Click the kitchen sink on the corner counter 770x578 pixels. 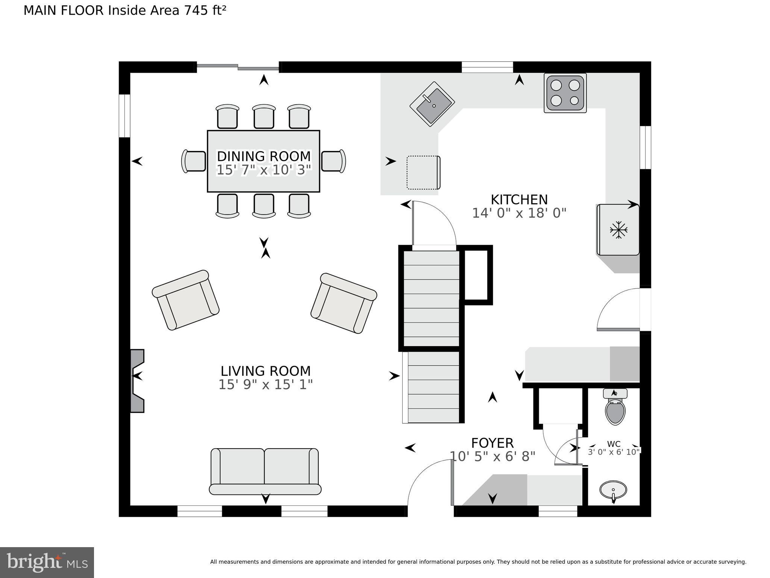coord(432,104)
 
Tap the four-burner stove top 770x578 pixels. coord(565,93)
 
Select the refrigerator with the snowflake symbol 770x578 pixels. coord(618,230)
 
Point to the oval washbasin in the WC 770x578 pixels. coord(613,490)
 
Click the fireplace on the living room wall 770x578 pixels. coord(137,380)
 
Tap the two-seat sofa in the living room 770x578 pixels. coord(265,471)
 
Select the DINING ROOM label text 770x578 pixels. coord(264,156)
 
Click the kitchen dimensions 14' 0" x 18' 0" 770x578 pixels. coord(519,213)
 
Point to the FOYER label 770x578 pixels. coord(492,443)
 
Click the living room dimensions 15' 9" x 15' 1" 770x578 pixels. coord(265,385)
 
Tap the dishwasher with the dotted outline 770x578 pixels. coord(423,173)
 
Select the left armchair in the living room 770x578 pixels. coord(186,300)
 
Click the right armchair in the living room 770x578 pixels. coord(344,303)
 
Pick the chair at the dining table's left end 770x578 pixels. coord(194,161)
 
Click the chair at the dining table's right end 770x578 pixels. coord(333,161)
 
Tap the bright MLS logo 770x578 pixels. coord(47,562)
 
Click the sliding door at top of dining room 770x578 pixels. coord(238,67)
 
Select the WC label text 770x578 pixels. coord(614,444)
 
